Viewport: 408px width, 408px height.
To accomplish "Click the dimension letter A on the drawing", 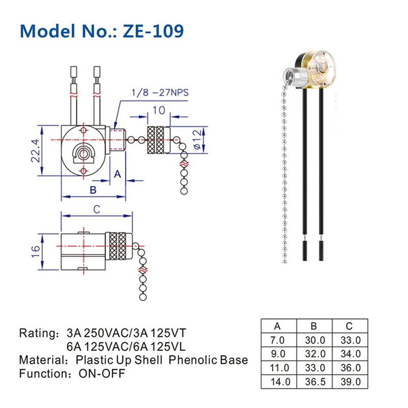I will (116, 174).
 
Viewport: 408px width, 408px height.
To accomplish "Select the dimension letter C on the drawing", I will (96, 209).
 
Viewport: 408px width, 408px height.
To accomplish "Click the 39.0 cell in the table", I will (350, 381).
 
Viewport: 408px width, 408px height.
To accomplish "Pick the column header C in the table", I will (349, 326).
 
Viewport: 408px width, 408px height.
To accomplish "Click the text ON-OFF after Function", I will (101, 373).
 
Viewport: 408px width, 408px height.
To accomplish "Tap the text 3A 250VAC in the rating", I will (93, 334).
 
